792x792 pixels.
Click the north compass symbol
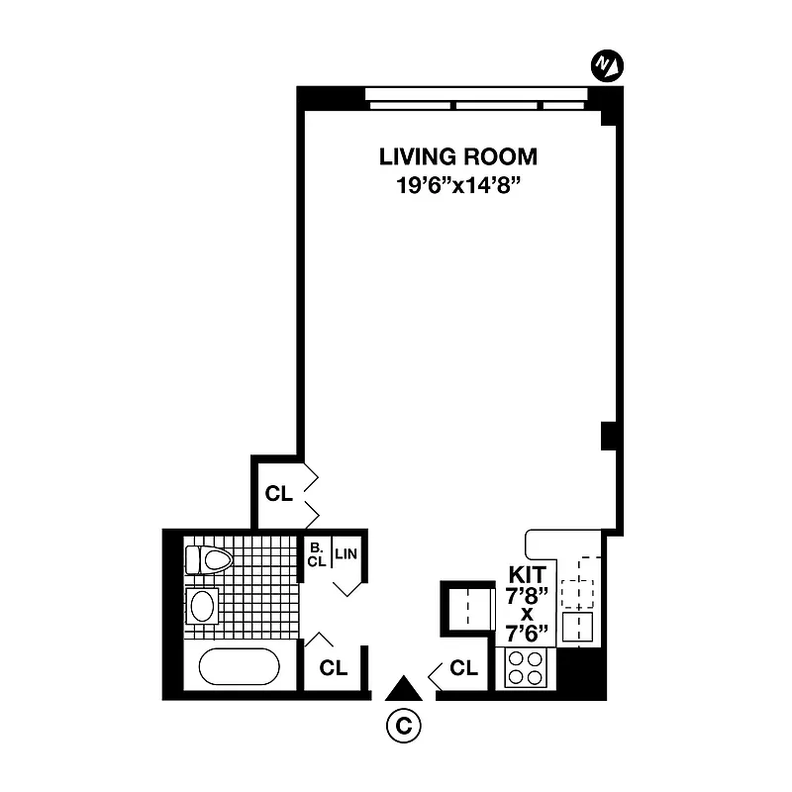coord(606,65)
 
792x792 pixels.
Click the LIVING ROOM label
coord(458,156)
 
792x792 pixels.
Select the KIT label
coord(528,574)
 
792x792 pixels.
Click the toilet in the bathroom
coord(207,560)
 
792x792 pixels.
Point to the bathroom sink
coord(202,606)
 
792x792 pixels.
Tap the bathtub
coord(240,665)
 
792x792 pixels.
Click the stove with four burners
coord(526,669)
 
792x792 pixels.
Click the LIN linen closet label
coord(346,553)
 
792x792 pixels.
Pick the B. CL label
coord(316,554)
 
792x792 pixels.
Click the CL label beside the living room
coord(278,494)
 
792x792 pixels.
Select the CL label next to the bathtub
coord(334,667)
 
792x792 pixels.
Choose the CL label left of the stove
coord(463,668)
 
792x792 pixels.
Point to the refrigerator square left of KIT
coord(467,606)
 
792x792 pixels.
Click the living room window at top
coord(475,98)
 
